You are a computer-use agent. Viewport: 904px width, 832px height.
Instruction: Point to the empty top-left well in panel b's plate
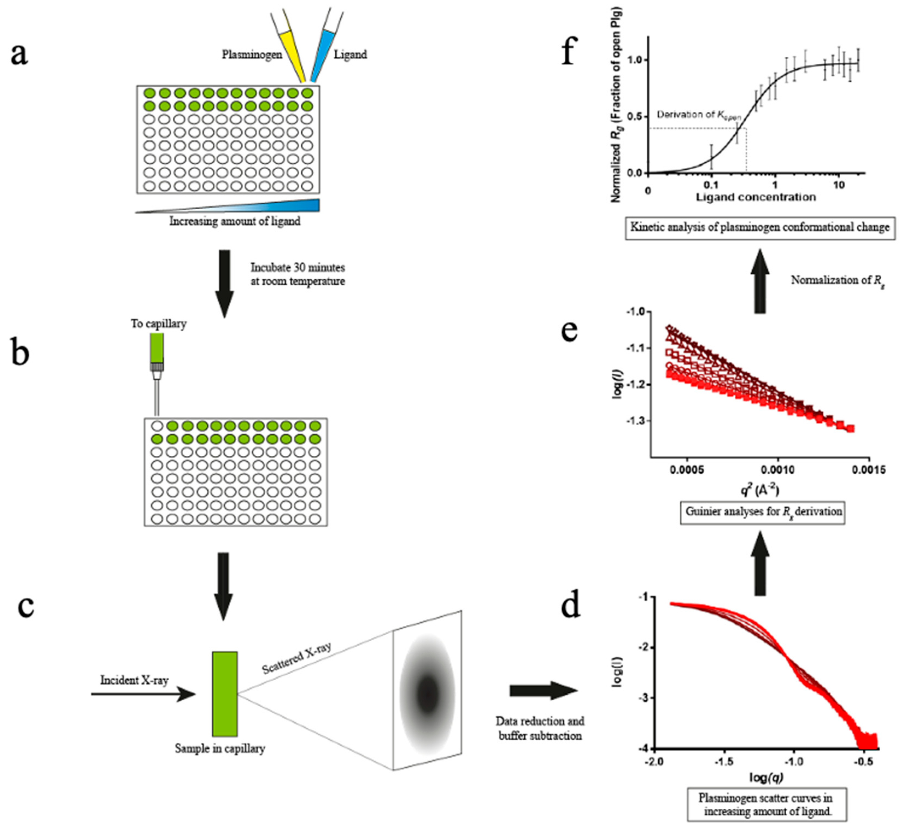pyautogui.click(x=157, y=426)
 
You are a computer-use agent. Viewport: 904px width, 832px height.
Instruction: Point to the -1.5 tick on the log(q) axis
pyautogui.click(x=724, y=761)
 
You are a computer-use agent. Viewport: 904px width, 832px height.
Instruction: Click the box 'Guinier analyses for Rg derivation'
pyautogui.click(x=763, y=512)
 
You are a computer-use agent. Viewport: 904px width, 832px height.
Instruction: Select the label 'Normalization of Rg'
pyautogui.click(x=837, y=281)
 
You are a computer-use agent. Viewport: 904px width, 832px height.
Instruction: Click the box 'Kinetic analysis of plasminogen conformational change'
pyautogui.click(x=760, y=227)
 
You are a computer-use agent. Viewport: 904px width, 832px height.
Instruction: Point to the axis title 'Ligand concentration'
pyautogui.click(x=756, y=197)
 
